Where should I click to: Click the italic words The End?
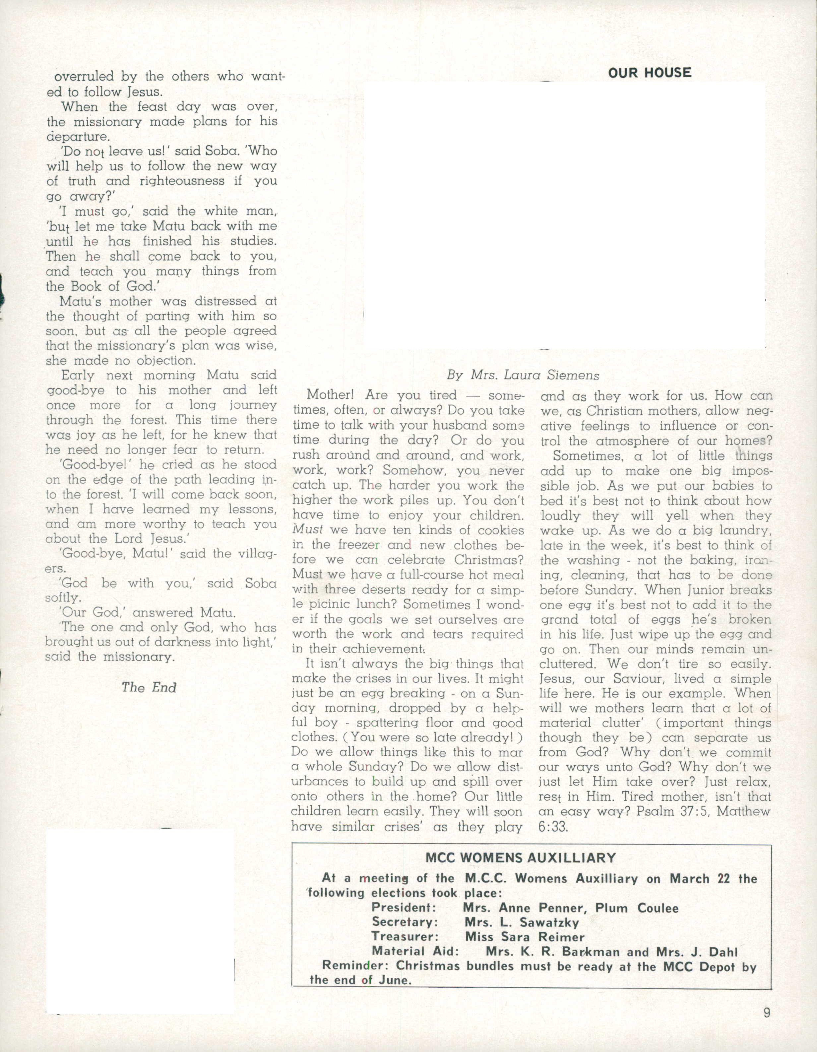point(149,687)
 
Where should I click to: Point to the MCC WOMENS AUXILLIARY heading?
point(521,858)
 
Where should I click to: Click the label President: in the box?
point(404,908)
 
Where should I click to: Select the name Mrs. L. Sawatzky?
point(522,922)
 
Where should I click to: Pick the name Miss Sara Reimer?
point(525,937)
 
